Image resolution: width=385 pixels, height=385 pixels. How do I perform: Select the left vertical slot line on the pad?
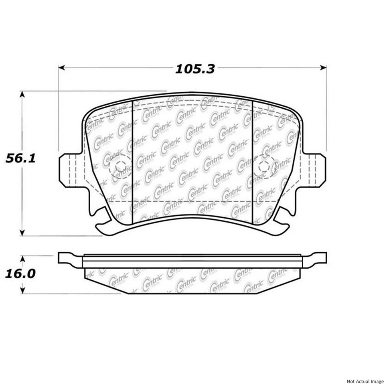click(133, 160)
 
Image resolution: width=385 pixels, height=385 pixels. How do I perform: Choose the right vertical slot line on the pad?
click(252, 160)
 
